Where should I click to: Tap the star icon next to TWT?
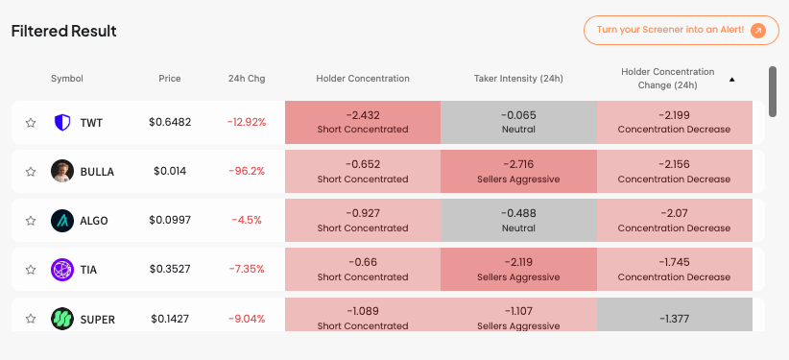click(31, 123)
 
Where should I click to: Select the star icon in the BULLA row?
click(31, 172)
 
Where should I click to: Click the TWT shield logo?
click(62, 122)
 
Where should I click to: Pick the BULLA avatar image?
click(62, 171)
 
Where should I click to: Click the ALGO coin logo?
click(62, 221)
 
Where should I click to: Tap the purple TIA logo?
click(62, 270)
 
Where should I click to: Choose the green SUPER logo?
click(62, 319)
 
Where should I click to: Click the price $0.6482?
click(170, 122)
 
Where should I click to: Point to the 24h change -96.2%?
click(247, 172)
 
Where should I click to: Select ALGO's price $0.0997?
click(170, 221)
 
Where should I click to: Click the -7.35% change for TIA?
click(247, 270)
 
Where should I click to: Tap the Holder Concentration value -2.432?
click(363, 115)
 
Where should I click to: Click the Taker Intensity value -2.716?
click(518, 164)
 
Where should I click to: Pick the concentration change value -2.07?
click(674, 213)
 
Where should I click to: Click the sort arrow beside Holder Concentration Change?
click(732, 80)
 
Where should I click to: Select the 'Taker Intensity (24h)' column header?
click(518, 79)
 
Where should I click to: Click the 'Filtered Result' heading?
click(64, 31)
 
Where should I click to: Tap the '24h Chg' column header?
click(247, 79)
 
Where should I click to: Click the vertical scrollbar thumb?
click(773, 91)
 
